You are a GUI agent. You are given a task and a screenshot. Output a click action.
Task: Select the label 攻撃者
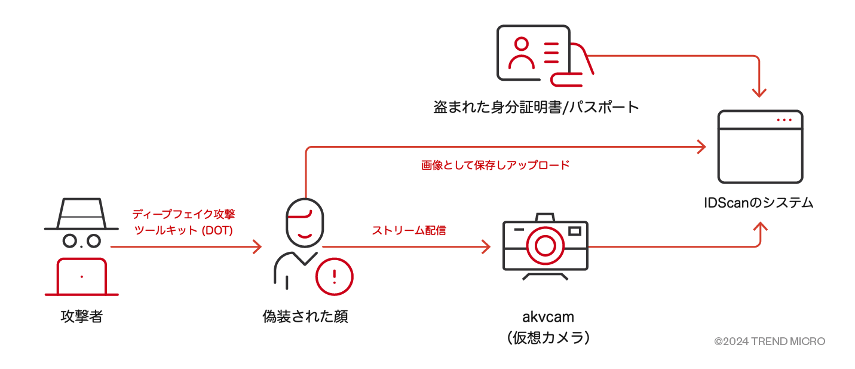point(81,316)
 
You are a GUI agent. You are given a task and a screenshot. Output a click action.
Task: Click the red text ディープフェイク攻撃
point(180,214)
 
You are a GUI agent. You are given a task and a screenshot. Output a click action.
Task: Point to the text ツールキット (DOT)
point(183,230)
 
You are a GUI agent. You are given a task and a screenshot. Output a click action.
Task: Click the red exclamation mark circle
point(334,276)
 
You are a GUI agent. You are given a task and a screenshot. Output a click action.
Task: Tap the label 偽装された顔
point(305,316)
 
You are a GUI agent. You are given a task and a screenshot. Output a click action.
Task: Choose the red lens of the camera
point(545,245)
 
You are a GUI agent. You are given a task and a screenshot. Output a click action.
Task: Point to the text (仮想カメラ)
point(547,338)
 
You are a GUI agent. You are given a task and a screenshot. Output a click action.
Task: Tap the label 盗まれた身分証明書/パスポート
point(536,108)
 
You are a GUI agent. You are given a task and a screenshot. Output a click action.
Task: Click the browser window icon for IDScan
point(759,147)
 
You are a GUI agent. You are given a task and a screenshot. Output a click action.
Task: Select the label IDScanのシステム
point(758,203)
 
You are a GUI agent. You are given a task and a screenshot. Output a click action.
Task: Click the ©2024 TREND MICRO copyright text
point(769,341)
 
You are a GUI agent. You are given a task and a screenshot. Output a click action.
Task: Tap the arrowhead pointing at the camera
point(486,246)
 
